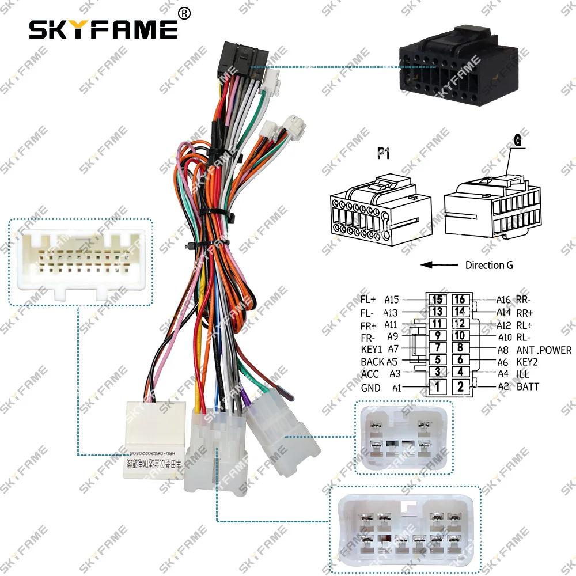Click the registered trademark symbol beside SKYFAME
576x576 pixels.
(x=184, y=13)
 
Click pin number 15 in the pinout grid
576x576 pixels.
(x=437, y=300)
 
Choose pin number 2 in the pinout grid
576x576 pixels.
(x=460, y=387)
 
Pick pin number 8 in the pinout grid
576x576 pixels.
(x=460, y=348)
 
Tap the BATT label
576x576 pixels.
(x=528, y=386)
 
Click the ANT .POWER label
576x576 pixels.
(x=544, y=350)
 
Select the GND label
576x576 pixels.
(x=370, y=388)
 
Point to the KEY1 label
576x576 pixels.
(x=371, y=349)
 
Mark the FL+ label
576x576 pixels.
(x=368, y=300)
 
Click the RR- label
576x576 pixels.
(x=524, y=300)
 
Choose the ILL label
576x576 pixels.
(x=523, y=374)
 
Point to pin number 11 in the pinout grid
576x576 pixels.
(x=437, y=324)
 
